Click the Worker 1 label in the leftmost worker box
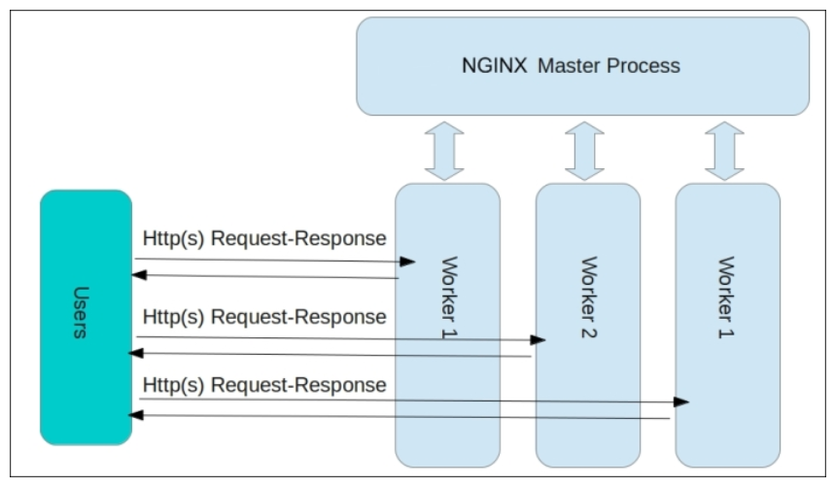(448, 297)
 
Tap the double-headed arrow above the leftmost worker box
(446, 150)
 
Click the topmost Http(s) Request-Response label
(264, 238)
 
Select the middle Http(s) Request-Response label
(264, 316)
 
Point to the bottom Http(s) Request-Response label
(264, 385)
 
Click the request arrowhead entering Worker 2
(539, 340)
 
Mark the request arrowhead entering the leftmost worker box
(408, 261)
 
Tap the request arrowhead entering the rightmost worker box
(682, 401)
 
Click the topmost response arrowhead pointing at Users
(139, 275)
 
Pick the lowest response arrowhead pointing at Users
(138, 415)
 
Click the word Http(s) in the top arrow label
(172, 238)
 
